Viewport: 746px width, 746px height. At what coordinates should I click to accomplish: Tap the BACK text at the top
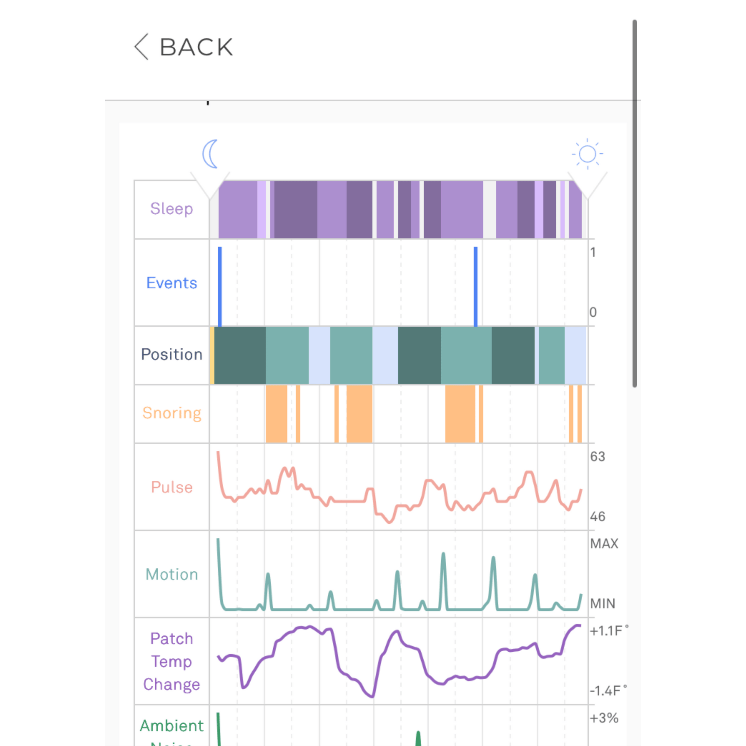pyautogui.click(x=196, y=47)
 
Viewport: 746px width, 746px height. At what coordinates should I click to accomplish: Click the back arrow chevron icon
pyautogui.click(x=141, y=47)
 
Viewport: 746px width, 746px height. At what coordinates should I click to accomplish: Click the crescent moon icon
pyautogui.click(x=210, y=154)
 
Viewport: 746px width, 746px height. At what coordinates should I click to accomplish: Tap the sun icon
pyautogui.click(x=587, y=154)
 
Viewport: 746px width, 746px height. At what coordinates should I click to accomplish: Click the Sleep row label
pyautogui.click(x=171, y=209)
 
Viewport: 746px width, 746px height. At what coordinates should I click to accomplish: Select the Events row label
pyautogui.click(x=171, y=283)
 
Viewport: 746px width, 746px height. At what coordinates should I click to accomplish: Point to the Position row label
pyautogui.click(x=171, y=355)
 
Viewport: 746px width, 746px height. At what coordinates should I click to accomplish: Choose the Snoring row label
pyautogui.click(x=171, y=413)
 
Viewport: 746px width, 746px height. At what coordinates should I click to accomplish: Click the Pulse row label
pyautogui.click(x=171, y=487)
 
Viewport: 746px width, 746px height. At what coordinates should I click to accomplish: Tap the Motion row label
pyautogui.click(x=171, y=575)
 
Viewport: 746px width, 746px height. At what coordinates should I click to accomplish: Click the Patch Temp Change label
pyautogui.click(x=171, y=661)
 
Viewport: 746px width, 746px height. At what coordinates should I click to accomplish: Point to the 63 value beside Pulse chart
pyautogui.click(x=597, y=457)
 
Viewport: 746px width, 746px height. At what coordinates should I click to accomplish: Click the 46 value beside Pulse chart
pyautogui.click(x=597, y=517)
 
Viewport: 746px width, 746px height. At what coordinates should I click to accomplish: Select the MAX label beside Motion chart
pyautogui.click(x=604, y=544)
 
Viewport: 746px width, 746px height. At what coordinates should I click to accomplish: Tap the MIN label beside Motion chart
pyautogui.click(x=602, y=603)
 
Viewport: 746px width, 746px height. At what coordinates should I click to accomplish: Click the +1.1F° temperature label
pyautogui.click(x=608, y=631)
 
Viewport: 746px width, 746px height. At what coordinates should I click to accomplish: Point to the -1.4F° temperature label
pyautogui.click(x=608, y=691)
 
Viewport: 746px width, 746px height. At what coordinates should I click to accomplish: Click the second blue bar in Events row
pyautogui.click(x=475, y=286)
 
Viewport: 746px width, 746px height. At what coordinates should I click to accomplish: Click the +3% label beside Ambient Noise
pyautogui.click(x=604, y=718)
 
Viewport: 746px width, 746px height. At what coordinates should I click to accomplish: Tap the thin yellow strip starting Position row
pyautogui.click(x=212, y=355)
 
